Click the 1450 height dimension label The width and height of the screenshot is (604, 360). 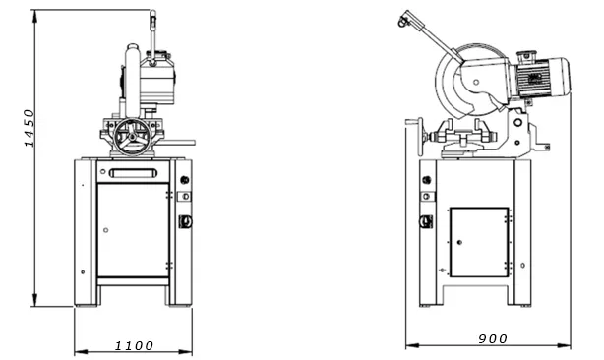[x=30, y=128]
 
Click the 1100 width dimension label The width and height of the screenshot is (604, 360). [x=134, y=346]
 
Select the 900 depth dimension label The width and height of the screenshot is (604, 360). [x=493, y=338]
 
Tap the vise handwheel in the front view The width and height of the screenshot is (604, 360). [x=132, y=137]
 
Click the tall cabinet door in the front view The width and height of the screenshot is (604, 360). [x=133, y=230]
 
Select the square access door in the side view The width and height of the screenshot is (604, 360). [x=479, y=242]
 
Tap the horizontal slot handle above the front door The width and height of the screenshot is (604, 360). [x=134, y=173]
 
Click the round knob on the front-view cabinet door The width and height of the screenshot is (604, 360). [x=106, y=230]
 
